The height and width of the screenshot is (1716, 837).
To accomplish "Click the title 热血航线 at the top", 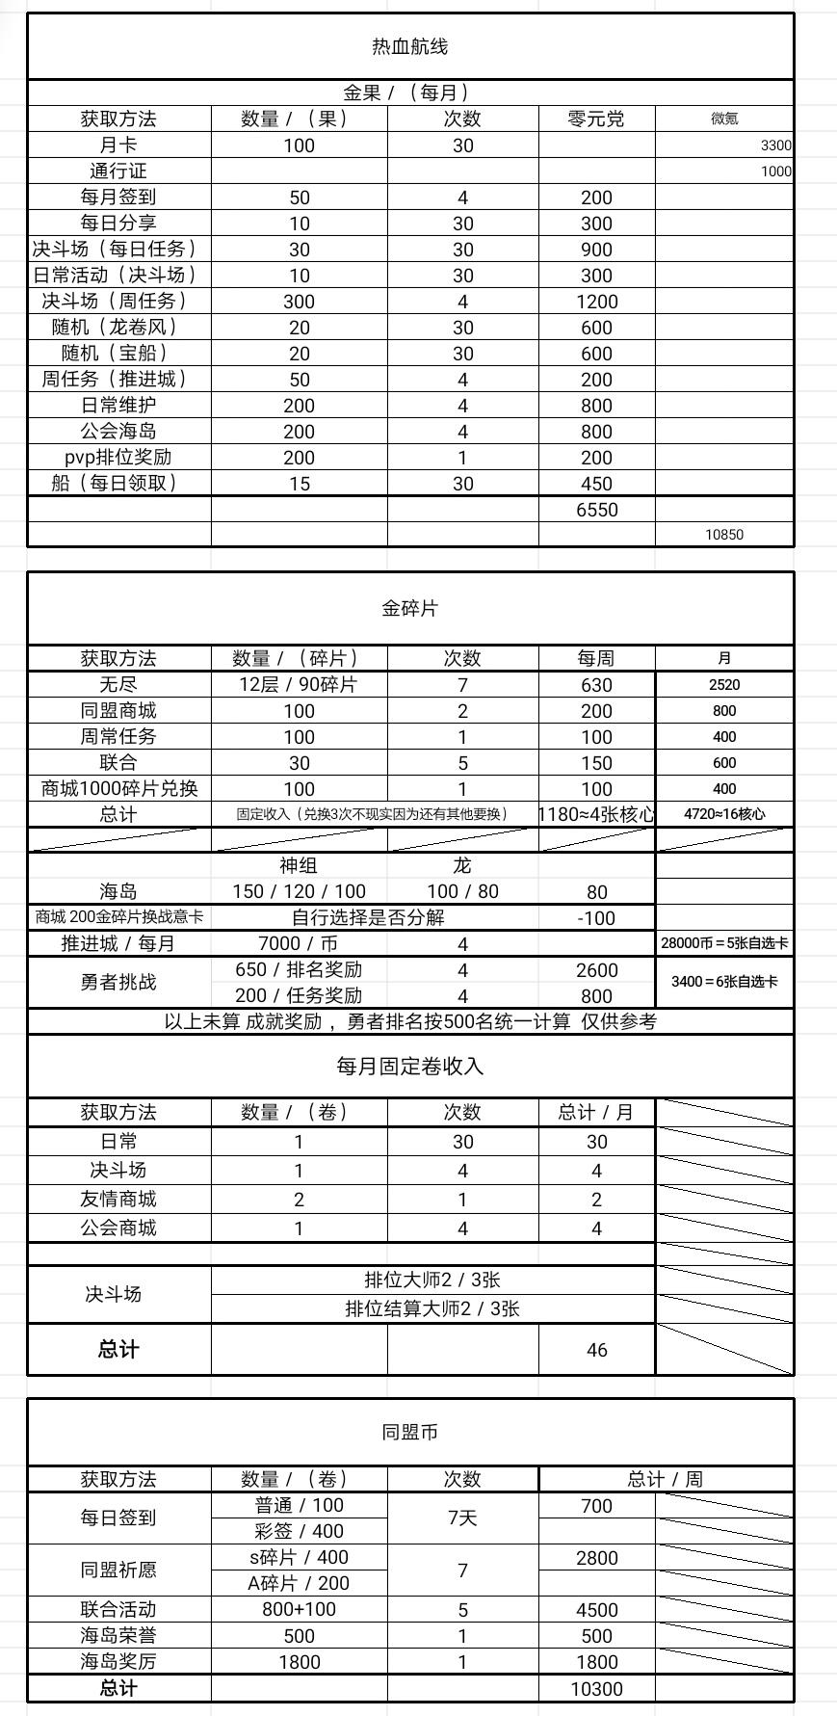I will coord(409,46).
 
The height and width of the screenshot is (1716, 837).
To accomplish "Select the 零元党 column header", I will coord(596,119).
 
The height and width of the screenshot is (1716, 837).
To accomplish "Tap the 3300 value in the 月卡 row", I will coord(774,145).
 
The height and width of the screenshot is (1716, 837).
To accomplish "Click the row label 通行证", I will coord(118,172).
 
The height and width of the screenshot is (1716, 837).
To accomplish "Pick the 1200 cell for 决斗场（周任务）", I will coord(596,302).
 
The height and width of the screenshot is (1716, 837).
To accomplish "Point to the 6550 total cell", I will coord(596,510).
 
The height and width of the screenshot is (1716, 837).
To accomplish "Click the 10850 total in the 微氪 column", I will coord(724,535).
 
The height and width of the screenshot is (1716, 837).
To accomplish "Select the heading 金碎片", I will coord(409,608).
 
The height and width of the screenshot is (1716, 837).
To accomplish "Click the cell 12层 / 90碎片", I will coord(299,685).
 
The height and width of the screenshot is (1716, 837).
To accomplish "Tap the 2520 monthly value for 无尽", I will coord(724,685).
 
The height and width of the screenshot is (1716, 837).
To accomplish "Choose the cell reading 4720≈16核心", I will coord(724,814).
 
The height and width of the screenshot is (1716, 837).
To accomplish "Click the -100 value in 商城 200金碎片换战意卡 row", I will coord(596,918).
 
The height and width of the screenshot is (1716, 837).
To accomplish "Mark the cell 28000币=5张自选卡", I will coord(724,943).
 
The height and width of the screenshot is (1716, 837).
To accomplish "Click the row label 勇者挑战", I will coord(118,982).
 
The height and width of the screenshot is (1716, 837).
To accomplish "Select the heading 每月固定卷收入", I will coord(409,1067).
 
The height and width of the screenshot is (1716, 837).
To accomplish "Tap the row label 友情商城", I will coord(118,1200).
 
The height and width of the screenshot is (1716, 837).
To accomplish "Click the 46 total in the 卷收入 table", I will coord(596,1350).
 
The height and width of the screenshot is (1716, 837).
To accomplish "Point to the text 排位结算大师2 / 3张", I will coord(432,1308).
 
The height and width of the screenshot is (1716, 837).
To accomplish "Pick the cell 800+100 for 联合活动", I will coord(299,1609).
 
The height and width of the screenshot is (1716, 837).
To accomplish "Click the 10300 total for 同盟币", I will coord(596,1689).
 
